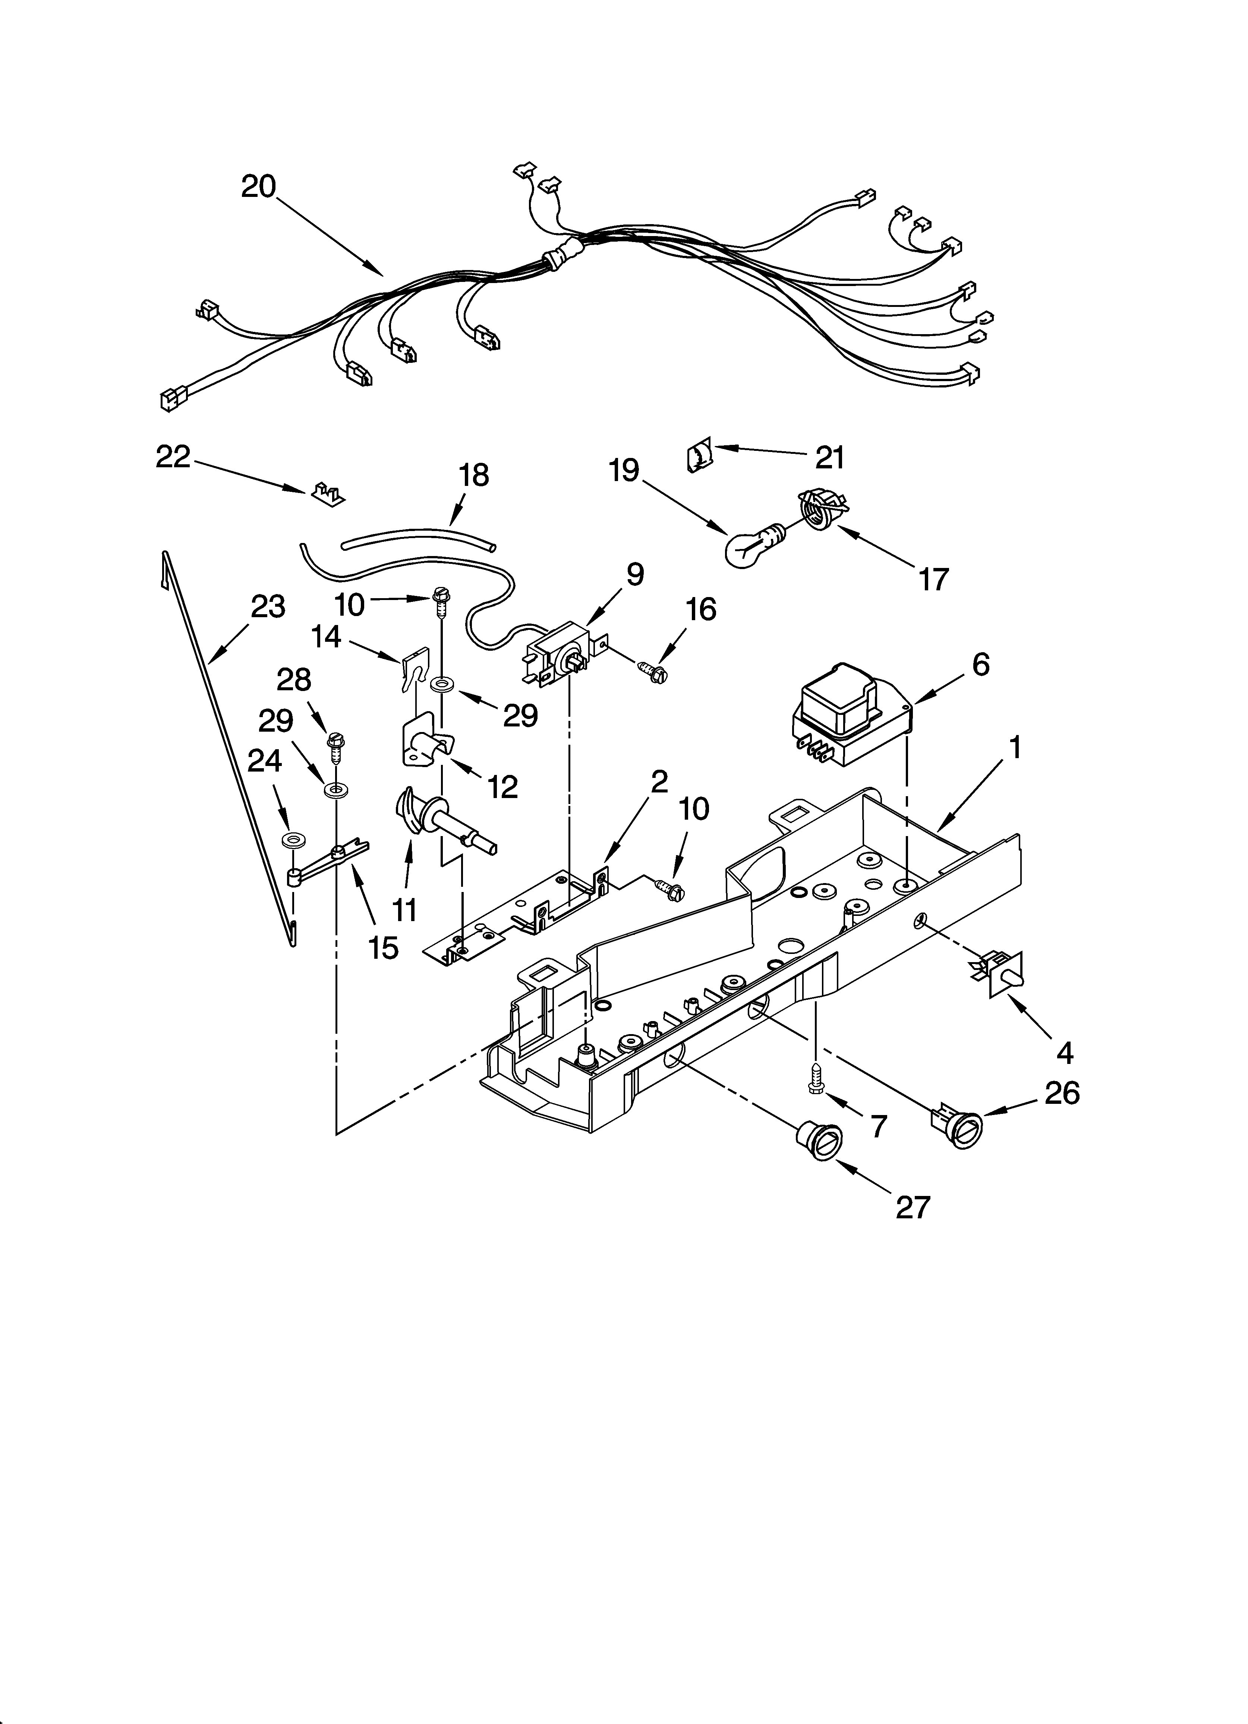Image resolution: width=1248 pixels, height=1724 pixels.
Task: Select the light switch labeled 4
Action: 999,971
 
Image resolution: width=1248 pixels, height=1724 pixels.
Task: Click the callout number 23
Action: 268,607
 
